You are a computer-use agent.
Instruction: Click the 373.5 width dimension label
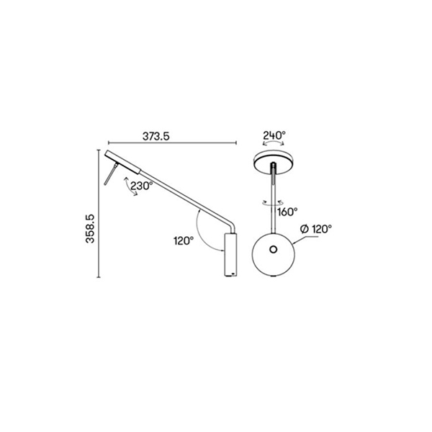tap(156, 136)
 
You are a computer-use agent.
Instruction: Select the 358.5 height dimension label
tap(91, 229)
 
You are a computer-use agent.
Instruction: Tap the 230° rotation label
tap(141, 186)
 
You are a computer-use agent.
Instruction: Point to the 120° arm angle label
tap(184, 240)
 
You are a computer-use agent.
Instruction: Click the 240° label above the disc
tap(274, 135)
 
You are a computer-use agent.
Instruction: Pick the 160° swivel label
tap(287, 212)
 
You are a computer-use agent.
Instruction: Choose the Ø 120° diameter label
tap(316, 229)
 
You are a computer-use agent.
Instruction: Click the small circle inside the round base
tap(274, 250)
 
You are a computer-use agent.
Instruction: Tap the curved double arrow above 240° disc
tap(273, 142)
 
